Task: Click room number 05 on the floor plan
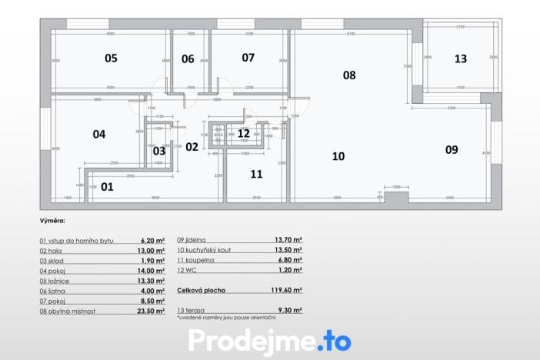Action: [x=112, y=58]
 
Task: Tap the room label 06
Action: [x=188, y=58]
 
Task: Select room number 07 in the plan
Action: [x=248, y=58]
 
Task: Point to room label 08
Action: [x=349, y=75]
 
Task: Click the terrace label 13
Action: [x=460, y=58]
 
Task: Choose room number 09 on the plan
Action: [x=452, y=149]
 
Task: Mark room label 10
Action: [x=338, y=156]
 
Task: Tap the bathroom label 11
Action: [x=256, y=174]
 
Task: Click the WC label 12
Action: [x=243, y=133]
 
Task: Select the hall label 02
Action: [x=192, y=147]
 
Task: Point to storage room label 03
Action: [x=159, y=151]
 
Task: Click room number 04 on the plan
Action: [x=99, y=134]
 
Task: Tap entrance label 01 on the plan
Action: [x=107, y=186]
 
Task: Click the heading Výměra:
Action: [x=53, y=221]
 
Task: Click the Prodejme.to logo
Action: [x=269, y=340]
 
